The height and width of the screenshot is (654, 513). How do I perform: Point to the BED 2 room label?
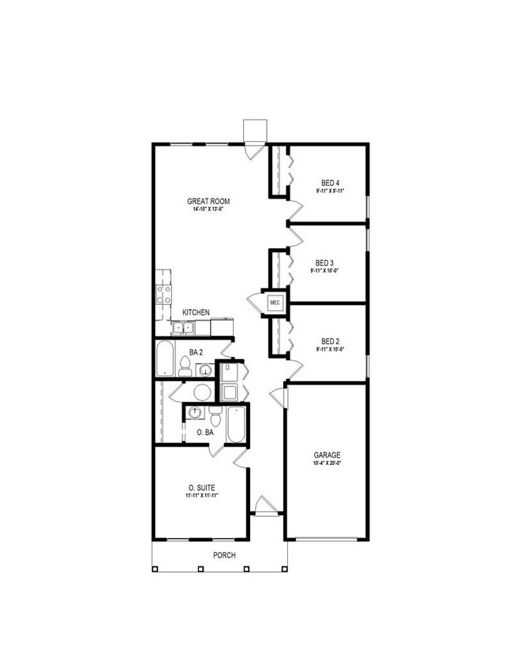[x=330, y=340]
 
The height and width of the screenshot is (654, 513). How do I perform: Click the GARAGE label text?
[x=327, y=455]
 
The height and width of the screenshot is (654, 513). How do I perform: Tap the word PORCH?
[x=224, y=555]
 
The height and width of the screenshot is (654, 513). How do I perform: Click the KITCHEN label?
[x=196, y=313]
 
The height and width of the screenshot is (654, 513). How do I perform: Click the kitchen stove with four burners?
[x=165, y=295]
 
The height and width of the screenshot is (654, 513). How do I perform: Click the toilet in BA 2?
[x=185, y=366]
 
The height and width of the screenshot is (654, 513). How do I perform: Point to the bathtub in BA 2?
[x=166, y=359]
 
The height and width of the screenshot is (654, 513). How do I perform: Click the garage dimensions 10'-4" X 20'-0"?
[x=327, y=464]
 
